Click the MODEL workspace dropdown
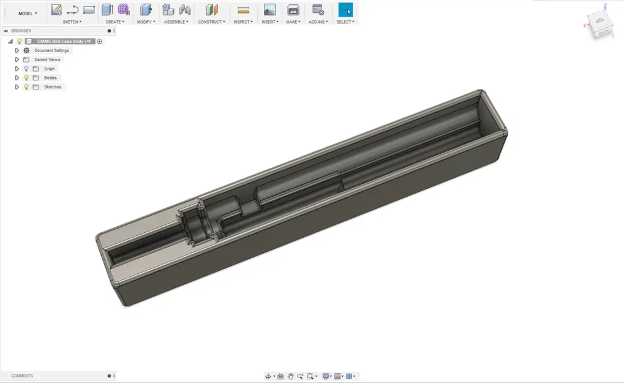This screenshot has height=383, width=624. pos(28,13)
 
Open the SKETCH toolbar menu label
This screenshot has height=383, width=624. pos(72,22)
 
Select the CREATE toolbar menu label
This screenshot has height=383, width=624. pos(115,22)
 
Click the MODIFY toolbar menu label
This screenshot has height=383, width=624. pos(146,22)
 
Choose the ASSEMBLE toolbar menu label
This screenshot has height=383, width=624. pos(177,22)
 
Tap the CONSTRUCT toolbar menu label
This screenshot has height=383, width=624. pos(211,22)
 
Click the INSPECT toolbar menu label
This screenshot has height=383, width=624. pos(243,22)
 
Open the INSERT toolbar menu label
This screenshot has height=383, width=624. pos(269,22)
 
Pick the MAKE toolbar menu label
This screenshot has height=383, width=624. pos(293,22)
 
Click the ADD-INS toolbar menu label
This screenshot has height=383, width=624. pos(318,22)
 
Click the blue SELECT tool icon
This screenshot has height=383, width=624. pos(345,10)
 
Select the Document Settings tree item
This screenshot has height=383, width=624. pos(51,50)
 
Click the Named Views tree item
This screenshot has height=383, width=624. pos(47,59)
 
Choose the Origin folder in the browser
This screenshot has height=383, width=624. pos(49,69)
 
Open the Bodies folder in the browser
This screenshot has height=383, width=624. pos(50,78)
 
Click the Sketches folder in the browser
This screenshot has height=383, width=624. pos(53,87)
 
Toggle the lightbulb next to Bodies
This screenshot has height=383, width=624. pos(26,78)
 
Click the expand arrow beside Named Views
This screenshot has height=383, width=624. pos(17,59)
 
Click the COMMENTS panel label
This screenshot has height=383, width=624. pos(22,376)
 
